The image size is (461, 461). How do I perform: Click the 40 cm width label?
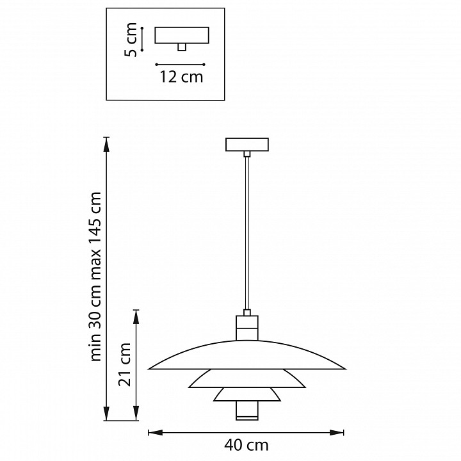click(x=247, y=446)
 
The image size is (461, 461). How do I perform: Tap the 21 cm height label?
click(x=124, y=364)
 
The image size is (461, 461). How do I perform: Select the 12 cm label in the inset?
click(x=181, y=77)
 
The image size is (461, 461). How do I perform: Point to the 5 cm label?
click(x=131, y=40)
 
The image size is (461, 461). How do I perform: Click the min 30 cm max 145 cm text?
click(x=95, y=277)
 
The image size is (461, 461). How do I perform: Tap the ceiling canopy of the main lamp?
click(x=247, y=144)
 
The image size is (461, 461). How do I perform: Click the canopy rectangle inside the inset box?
click(x=182, y=35)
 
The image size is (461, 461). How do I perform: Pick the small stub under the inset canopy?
click(x=182, y=47)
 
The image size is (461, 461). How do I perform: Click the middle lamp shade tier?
click(x=247, y=378)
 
